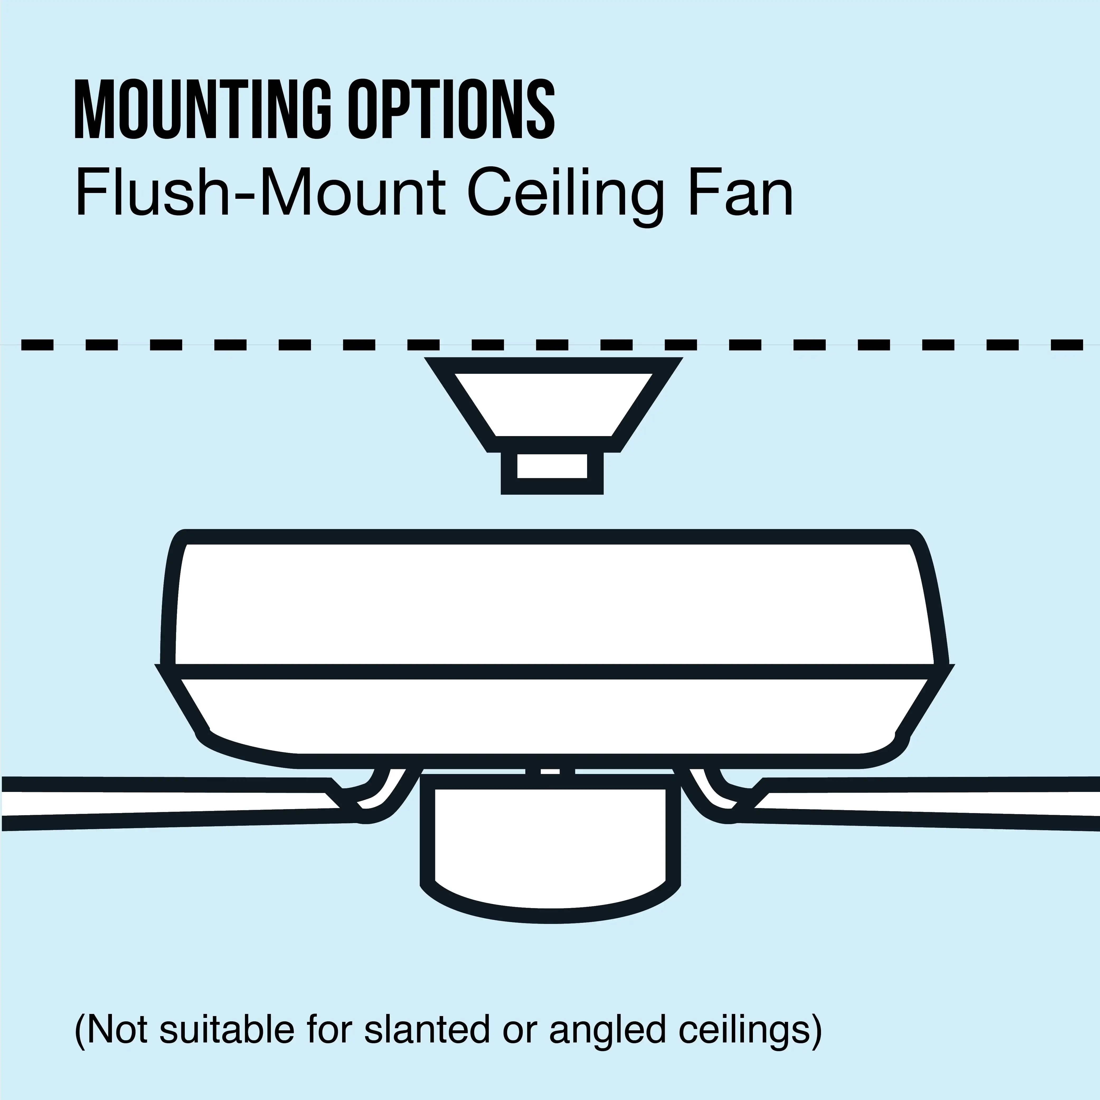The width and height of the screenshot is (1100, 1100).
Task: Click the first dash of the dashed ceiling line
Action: [37, 344]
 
